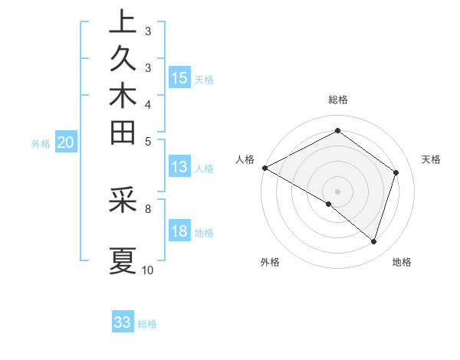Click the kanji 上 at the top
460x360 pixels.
(x=122, y=23)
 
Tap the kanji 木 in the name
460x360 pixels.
(x=122, y=97)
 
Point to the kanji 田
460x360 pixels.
(x=122, y=134)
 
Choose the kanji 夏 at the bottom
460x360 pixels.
(x=122, y=260)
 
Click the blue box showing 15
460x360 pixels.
(x=179, y=77)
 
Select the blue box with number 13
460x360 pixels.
(x=179, y=167)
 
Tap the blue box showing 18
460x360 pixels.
(x=179, y=232)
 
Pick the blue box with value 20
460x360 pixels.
(x=66, y=142)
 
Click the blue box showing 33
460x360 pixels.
(x=122, y=322)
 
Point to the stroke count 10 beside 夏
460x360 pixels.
(x=148, y=270)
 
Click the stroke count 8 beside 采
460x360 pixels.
(x=148, y=208)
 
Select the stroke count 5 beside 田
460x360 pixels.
(x=148, y=141)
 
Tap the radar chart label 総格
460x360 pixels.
(x=337, y=100)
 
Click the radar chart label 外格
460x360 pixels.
(x=269, y=263)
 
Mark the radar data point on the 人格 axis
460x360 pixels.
(x=264, y=168)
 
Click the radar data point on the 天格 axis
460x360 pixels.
(x=396, y=172)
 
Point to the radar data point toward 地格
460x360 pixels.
(x=373, y=241)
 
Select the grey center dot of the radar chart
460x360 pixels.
(x=337, y=191)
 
